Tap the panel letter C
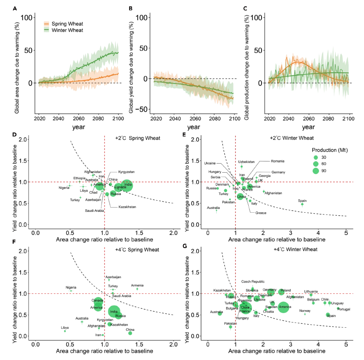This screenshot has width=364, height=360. pyautogui.click(x=245, y=8)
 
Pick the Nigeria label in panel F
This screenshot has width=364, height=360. pyautogui.click(x=71, y=287)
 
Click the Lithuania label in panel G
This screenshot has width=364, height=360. pyautogui.click(x=311, y=291)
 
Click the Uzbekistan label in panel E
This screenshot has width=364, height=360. pyautogui.click(x=246, y=162)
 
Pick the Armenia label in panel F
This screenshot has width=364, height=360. pyautogui.click(x=137, y=285)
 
